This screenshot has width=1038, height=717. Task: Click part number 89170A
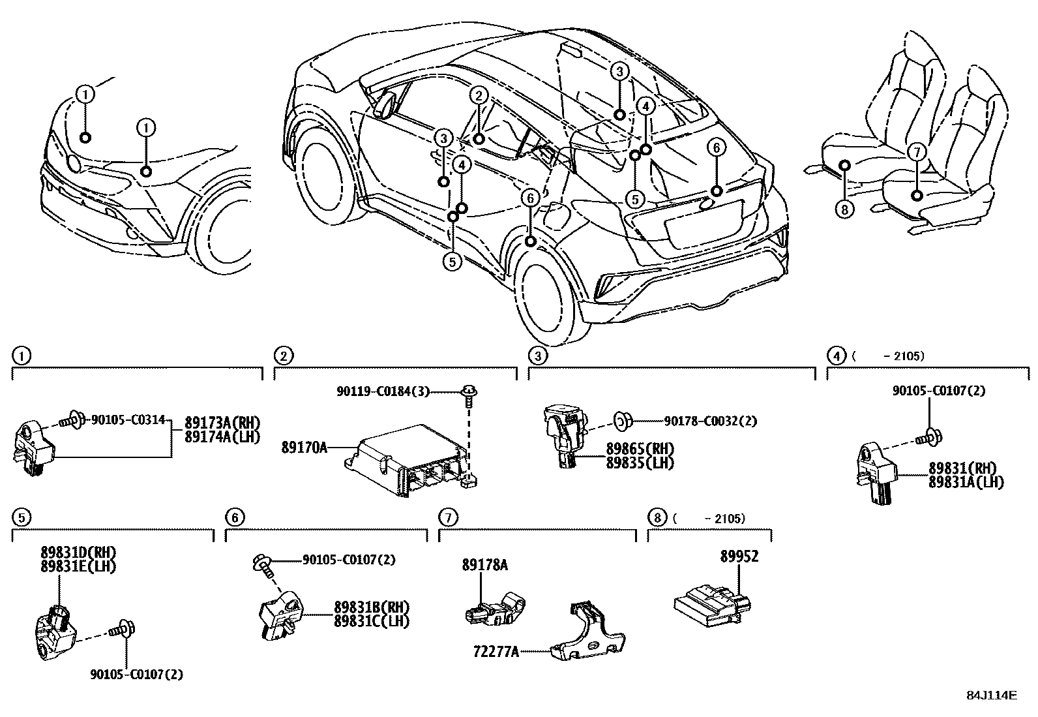coord(304,448)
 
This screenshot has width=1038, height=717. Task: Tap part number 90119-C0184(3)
coord(383,391)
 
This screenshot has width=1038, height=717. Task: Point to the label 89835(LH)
coord(639,463)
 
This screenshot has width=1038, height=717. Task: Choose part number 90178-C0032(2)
coord(710,421)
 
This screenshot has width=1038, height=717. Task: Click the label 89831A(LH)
coord(966,482)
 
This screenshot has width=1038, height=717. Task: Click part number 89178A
coord(484,566)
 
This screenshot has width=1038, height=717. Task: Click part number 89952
coord(739,557)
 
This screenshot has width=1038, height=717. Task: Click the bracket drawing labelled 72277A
coord(586,636)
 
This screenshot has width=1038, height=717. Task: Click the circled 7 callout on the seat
coord(916,152)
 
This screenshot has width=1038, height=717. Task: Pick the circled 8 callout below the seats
coord(844,209)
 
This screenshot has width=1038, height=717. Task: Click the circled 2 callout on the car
coord(478,96)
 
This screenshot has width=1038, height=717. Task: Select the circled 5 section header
coord(21,517)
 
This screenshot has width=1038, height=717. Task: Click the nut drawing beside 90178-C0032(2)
coord(623,421)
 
